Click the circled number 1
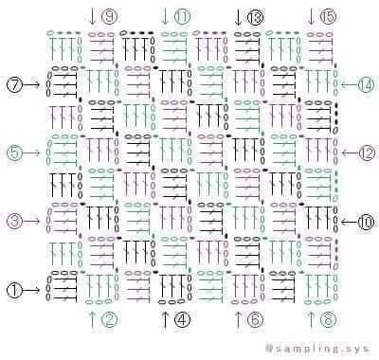pyautogui.click(x=14, y=290)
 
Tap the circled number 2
pyautogui.click(x=109, y=319)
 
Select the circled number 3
pyautogui.click(x=14, y=221)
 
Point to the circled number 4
pyautogui.click(x=183, y=319)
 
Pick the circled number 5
pyautogui.click(x=14, y=153)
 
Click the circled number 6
pyautogui.click(x=255, y=319)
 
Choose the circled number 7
pyautogui.click(x=14, y=84)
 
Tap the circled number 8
pyautogui.click(x=329, y=319)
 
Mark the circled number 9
pyautogui.click(x=109, y=16)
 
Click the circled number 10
pyautogui.click(x=366, y=223)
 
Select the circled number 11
pyautogui.click(x=183, y=16)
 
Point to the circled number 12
pyautogui.click(x=366, y=153)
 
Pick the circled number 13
pyautogui.click(x=255, y=16)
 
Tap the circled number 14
pyautogui.click(x=366, y=84)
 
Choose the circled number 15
pyautogui.click(x=329, y=16)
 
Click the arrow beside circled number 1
pyautogui.click(x=31, y=290)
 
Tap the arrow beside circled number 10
pyautogui.click(x=349, y=223)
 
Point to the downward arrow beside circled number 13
pyautogui.click(x=238, y=17)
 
